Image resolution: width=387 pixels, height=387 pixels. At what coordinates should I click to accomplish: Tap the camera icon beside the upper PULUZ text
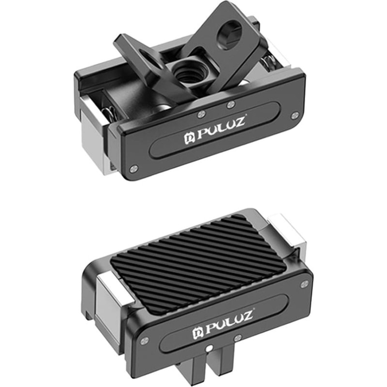click(190, 139)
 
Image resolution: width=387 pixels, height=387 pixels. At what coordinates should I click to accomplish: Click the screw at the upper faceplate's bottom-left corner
click(134, 168)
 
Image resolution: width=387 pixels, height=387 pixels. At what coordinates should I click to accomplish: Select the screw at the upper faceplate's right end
click(295, 115)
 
